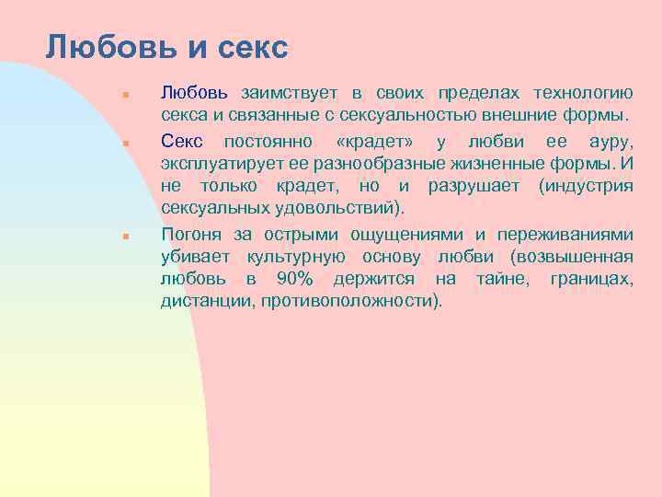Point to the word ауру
click(611, 140)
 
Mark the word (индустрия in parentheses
click(587, 186)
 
